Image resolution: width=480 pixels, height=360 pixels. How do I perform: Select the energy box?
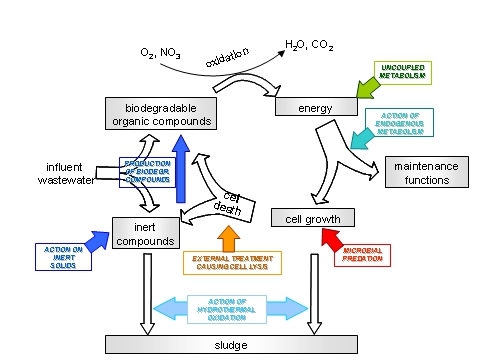pyautogui.click(x=316, y=107)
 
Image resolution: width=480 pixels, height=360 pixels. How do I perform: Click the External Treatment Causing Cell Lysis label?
pyautogui.click(x=232, y=263)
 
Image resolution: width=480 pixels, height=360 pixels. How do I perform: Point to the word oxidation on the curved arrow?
pyautogui.click(x=228, y=55)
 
